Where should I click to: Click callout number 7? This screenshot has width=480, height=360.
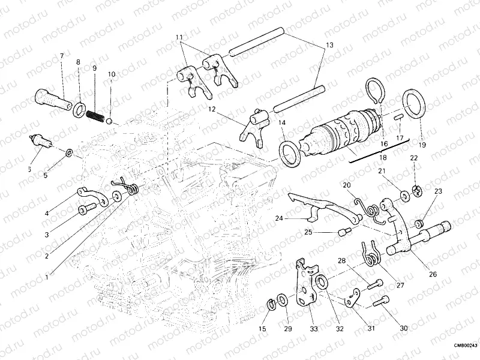click(x=61, y=56)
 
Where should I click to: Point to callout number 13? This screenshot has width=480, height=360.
click(x=328, y=46)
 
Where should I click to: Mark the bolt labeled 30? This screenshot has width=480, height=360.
click(x=380, y=303)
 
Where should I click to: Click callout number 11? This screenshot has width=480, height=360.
click(x=179, y=37)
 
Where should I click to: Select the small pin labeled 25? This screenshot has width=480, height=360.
click(x=345, y=232)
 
